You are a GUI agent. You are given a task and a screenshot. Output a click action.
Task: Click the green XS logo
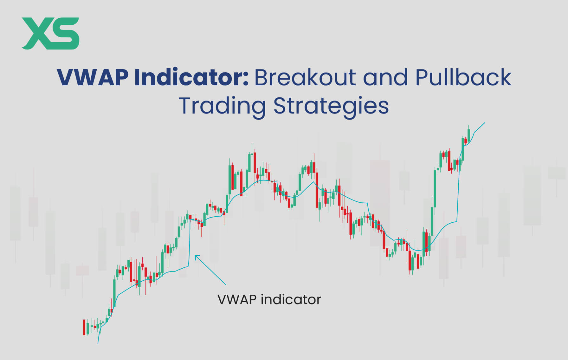50,33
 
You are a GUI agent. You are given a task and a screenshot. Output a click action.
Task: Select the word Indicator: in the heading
191,77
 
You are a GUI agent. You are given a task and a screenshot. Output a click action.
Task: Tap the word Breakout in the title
305,77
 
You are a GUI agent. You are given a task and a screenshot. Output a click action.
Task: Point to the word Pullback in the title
463,77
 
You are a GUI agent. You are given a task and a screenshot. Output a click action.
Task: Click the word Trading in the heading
222,106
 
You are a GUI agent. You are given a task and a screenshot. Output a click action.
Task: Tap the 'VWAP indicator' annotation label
269,299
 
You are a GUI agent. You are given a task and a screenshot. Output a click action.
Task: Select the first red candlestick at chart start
84,327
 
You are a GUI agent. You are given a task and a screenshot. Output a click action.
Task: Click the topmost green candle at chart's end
469,134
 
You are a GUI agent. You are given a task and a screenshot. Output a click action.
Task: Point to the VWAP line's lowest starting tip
98,343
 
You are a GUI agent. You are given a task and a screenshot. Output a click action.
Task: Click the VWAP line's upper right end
484,123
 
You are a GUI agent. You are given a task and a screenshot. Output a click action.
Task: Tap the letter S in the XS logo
65,33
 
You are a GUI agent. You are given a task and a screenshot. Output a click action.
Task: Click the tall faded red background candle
379,203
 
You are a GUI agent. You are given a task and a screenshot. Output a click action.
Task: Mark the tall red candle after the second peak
317,190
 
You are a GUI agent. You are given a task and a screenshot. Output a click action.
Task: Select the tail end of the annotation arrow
225,284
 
